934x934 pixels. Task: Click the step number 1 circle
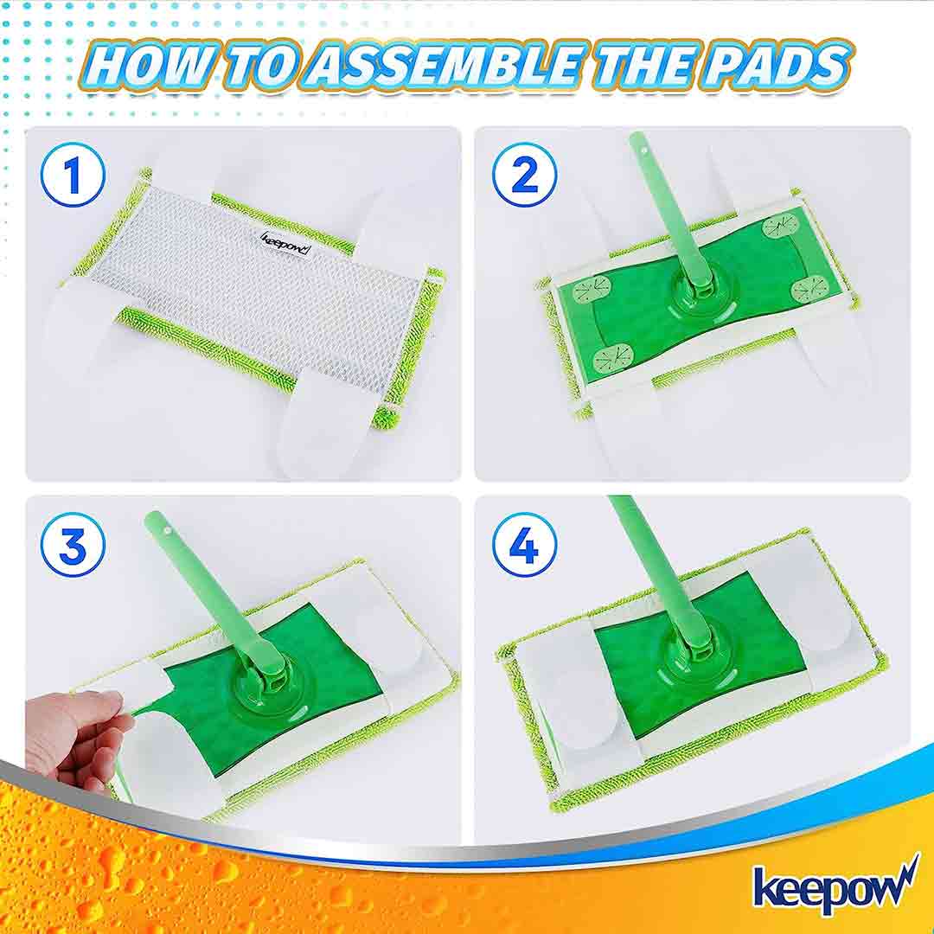tap(73, 175)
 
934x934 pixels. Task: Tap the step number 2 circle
tap(524, 175)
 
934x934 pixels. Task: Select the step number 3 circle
tap(73, 545)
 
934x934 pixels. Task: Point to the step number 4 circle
tap(524, 545)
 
